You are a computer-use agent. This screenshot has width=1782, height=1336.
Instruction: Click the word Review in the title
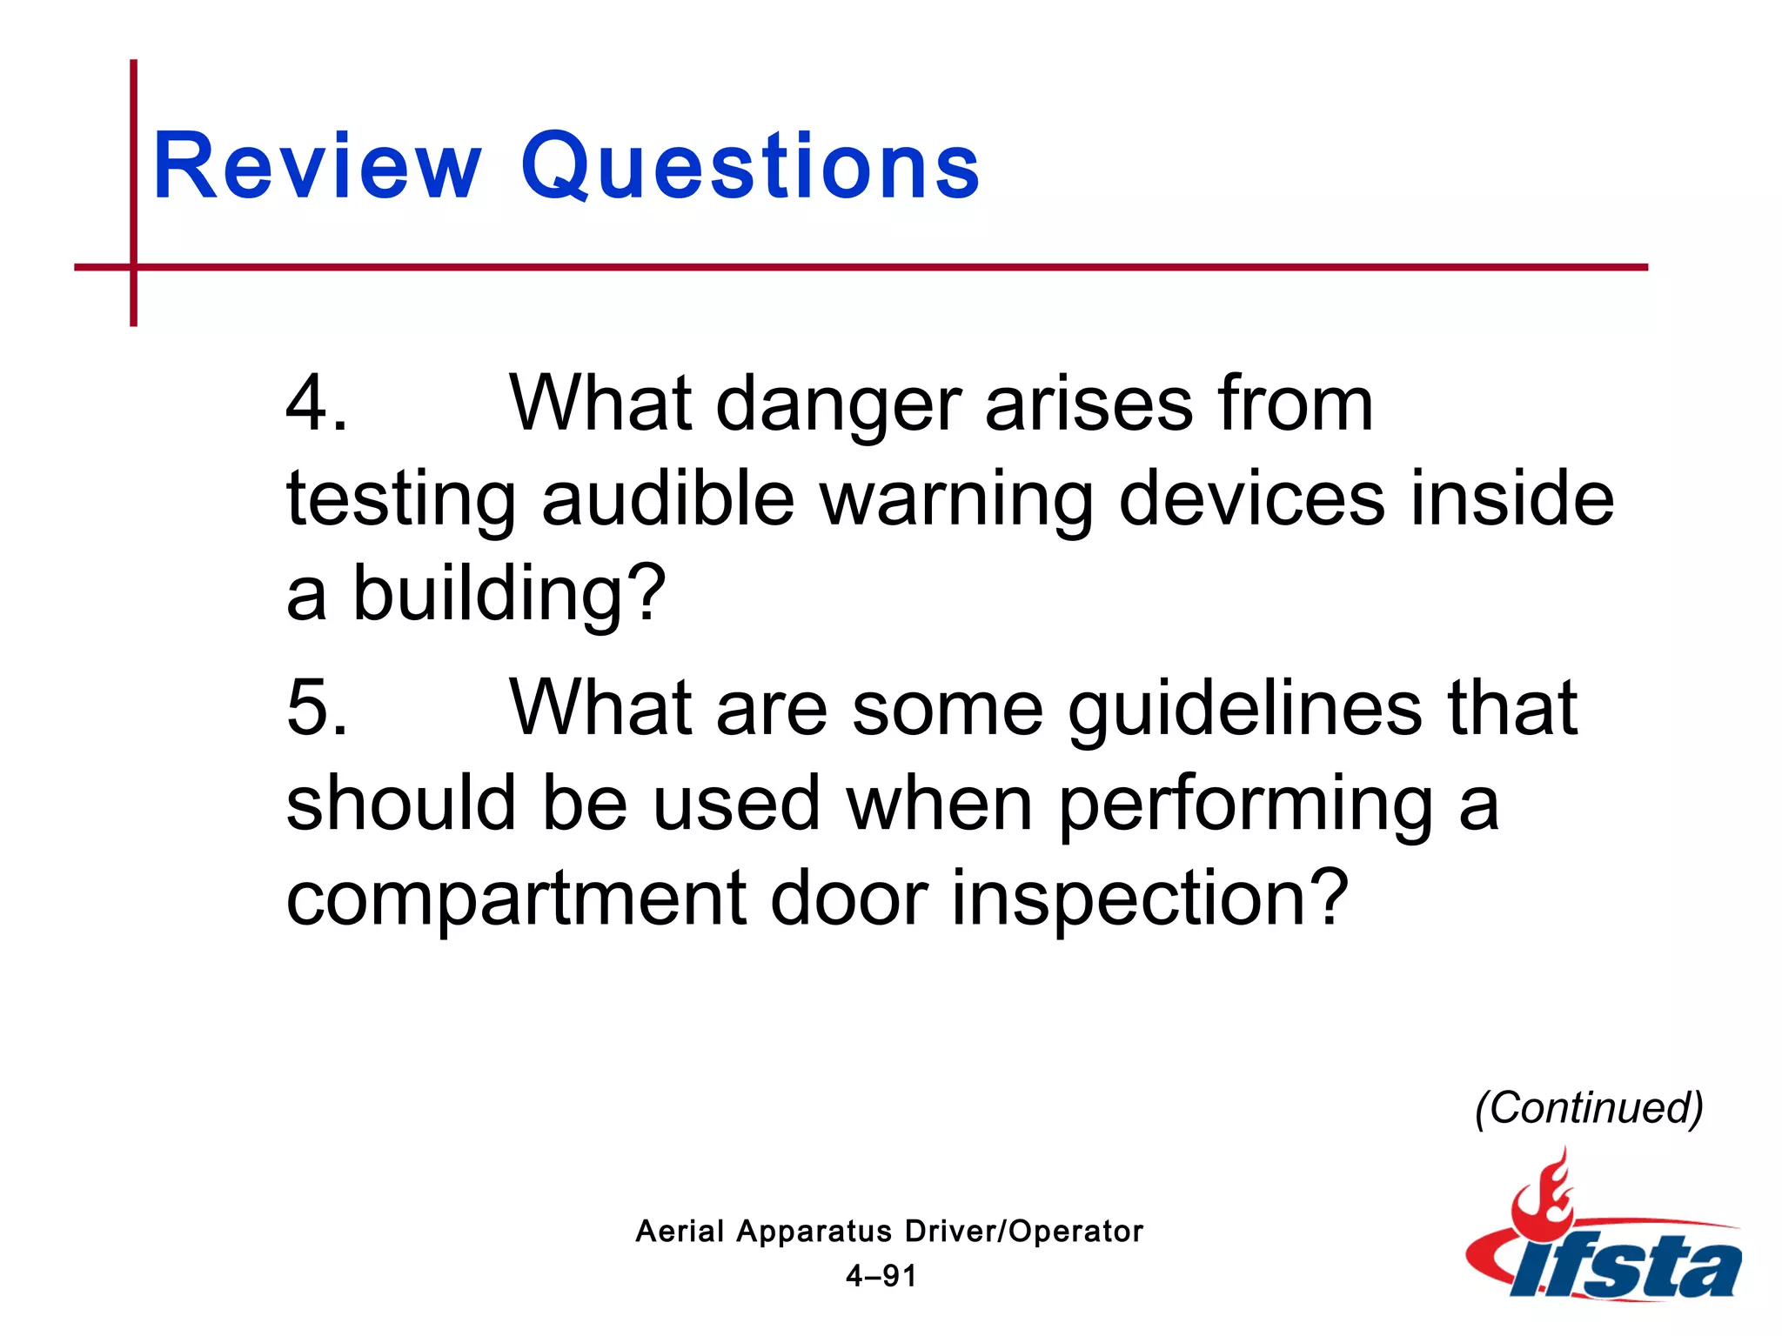coord(317,166)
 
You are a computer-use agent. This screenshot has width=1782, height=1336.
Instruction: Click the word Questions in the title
coord(750,166)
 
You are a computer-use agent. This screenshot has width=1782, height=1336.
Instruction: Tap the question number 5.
coord(316,708)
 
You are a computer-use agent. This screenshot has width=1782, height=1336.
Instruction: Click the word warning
coord(957,500)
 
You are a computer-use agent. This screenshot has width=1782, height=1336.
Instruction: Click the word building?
coord(509,594)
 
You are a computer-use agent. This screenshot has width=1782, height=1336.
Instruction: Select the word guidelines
coord(1245,710)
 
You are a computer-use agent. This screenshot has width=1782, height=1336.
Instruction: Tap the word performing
coord(1245,805)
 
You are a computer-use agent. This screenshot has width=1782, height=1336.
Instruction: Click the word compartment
coord(516,899)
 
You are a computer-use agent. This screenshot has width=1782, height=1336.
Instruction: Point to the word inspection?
coord(1149,899)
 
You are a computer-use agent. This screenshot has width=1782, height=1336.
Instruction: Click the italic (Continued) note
coord(1589,1107)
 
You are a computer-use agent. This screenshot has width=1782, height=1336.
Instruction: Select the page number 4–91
coord(881,1276)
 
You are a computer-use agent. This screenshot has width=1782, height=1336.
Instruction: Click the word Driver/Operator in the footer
coord(1023,1232)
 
